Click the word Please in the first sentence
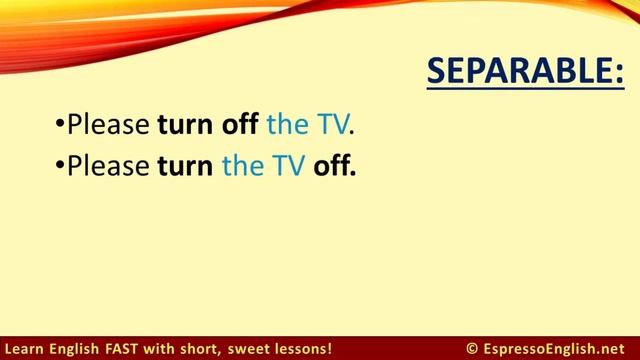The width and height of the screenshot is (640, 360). coord(109,127)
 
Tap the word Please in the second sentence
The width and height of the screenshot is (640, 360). coord(109,166)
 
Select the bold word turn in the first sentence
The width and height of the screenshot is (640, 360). coord(185,127)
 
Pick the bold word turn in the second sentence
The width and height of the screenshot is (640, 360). coord(185,166)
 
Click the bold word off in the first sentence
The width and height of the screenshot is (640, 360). coord(240,127)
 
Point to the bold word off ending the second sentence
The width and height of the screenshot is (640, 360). coord(334,166)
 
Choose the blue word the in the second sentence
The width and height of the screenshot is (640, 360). coord(241,166)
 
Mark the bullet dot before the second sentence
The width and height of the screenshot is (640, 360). coord(60,167)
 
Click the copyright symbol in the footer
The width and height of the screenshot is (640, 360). coord(471,348)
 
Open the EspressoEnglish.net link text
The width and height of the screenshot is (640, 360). coord(555,348)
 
